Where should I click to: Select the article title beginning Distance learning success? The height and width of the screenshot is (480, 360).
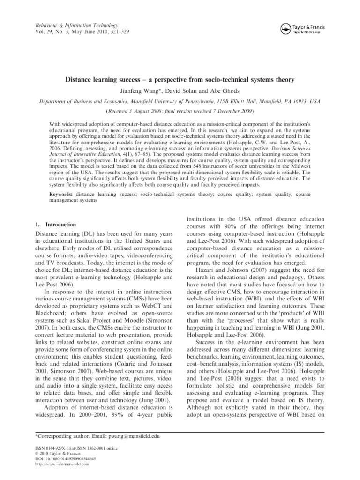pyautogui.click(x=180, y=80)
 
